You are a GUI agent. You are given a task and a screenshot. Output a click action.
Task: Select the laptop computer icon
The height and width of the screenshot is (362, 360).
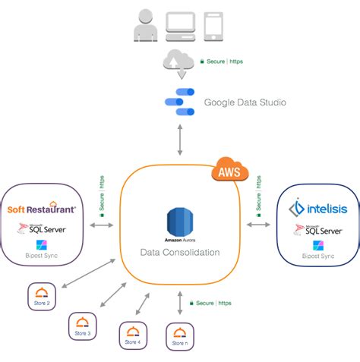(x=179, y=25)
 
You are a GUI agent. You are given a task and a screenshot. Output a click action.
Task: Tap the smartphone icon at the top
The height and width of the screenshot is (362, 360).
(x=214, y=25)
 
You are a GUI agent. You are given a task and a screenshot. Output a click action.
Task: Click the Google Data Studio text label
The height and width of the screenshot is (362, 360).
(x=245, y=102)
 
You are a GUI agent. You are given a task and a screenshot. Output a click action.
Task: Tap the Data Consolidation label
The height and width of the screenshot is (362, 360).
(x=180, y=251)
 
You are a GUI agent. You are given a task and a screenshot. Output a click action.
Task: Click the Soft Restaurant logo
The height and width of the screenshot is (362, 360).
(x=42, y=207)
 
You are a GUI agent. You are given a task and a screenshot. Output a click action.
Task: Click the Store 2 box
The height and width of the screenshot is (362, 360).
(x=42, y=295)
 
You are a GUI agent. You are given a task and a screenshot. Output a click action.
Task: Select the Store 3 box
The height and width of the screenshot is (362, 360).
(x=83, y=325)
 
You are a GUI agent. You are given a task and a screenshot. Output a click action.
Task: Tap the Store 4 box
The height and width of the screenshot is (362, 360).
(x=133, y=335)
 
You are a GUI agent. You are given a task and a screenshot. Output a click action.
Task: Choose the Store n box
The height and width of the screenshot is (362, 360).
(x=179, y=336)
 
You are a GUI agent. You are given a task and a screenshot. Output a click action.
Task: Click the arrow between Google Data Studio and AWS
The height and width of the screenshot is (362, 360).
(x=180, y=140)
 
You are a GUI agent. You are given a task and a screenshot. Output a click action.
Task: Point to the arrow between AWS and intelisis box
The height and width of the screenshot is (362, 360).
(x=259, y=225)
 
